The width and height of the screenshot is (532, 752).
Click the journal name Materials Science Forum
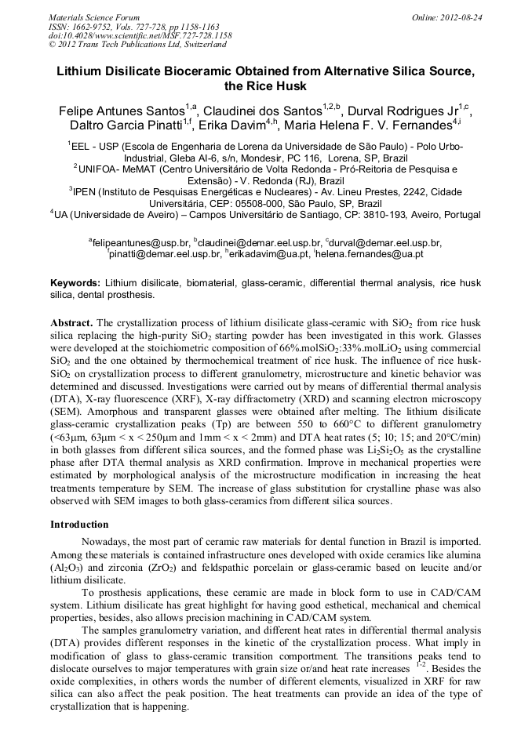(94, 16)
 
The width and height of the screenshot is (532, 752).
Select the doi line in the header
(140, 35)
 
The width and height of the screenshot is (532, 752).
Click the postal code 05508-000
(237, 202)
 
